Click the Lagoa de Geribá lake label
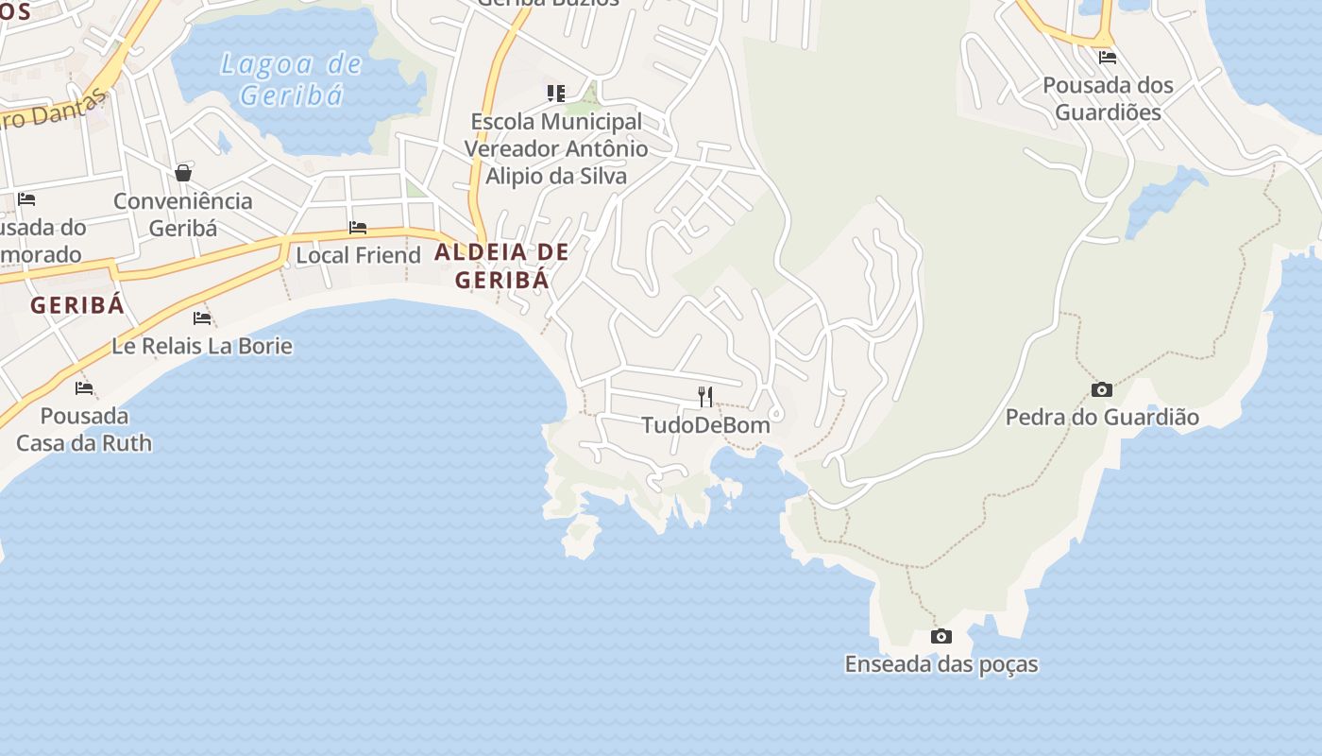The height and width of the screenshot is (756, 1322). (291, 79)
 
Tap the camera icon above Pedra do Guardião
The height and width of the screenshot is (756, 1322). (1101, 389)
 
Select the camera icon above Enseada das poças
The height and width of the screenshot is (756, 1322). (941, 637)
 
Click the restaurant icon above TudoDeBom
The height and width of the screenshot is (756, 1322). (705, 396)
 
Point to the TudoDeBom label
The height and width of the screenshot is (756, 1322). (706, 425)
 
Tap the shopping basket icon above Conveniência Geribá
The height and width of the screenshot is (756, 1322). (183, 173)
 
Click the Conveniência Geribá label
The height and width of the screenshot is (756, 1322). (183, 215)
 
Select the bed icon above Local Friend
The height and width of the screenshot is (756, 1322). (358, 228)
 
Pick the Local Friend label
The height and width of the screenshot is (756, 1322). (358, 255)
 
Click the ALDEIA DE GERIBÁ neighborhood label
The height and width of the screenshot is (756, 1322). (501, 266)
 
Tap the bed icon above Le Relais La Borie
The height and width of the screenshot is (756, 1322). (202, 318)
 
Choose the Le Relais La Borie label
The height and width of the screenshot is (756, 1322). (202, 346)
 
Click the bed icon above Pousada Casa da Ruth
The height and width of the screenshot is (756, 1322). (84, 387)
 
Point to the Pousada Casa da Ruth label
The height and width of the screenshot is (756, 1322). (84, 429)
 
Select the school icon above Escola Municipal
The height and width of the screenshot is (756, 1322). (556, 93)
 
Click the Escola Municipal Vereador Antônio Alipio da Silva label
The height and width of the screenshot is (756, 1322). (556, 148)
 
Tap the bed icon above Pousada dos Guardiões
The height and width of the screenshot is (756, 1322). (1108, 57)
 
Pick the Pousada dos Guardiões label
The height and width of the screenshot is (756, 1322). (1108, 98)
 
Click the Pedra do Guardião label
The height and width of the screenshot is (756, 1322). (1102, 417)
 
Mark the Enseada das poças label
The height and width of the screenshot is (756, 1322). (941, 664)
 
